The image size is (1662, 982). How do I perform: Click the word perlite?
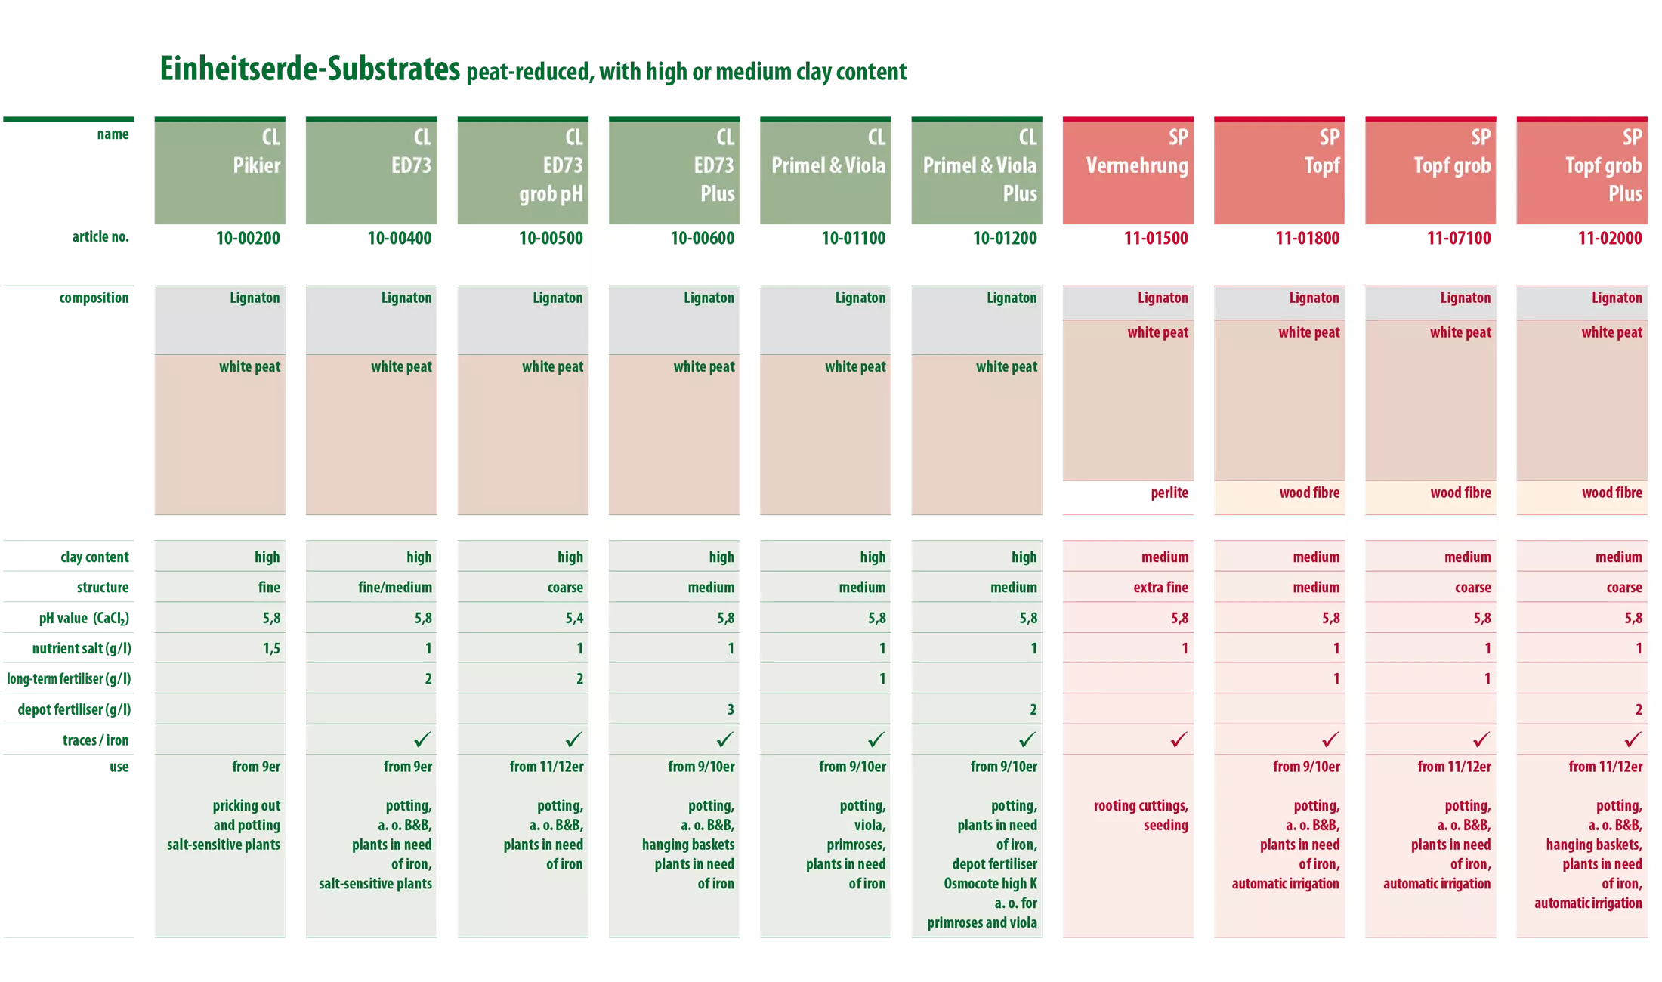pos(1169,493)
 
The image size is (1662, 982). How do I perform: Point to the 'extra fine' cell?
pos(1160,587)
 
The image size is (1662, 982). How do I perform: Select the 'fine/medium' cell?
pos(395,587)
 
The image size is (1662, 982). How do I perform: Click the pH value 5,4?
pos(574,618)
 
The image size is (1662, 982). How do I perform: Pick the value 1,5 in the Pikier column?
pos(271,648)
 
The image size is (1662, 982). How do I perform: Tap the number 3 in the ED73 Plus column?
pos(731,709)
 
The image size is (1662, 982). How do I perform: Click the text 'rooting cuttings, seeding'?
pos(1141,816)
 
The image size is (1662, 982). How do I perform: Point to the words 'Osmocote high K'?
pos(990,883)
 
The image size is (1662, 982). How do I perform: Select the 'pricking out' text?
pos(246,805)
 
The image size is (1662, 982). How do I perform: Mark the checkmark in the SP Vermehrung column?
pos(1179,740)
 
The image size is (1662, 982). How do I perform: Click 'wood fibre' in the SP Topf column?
pos(1309,493)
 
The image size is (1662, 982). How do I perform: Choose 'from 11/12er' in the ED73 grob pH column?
pos(546,767)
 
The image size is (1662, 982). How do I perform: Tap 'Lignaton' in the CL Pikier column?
pos(255,298)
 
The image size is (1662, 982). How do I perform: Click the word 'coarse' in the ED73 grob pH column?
pos(565,587)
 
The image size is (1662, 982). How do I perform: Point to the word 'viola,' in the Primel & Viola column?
pos(870,825)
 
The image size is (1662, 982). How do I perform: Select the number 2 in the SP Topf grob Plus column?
pos(1639,709)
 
